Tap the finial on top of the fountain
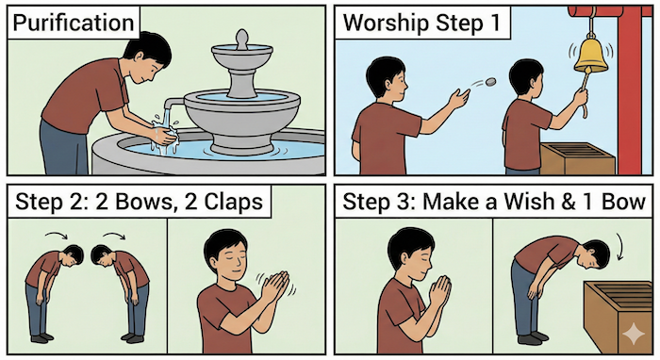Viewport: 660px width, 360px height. [241, 40]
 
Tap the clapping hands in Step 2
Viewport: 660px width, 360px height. [271, 288]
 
